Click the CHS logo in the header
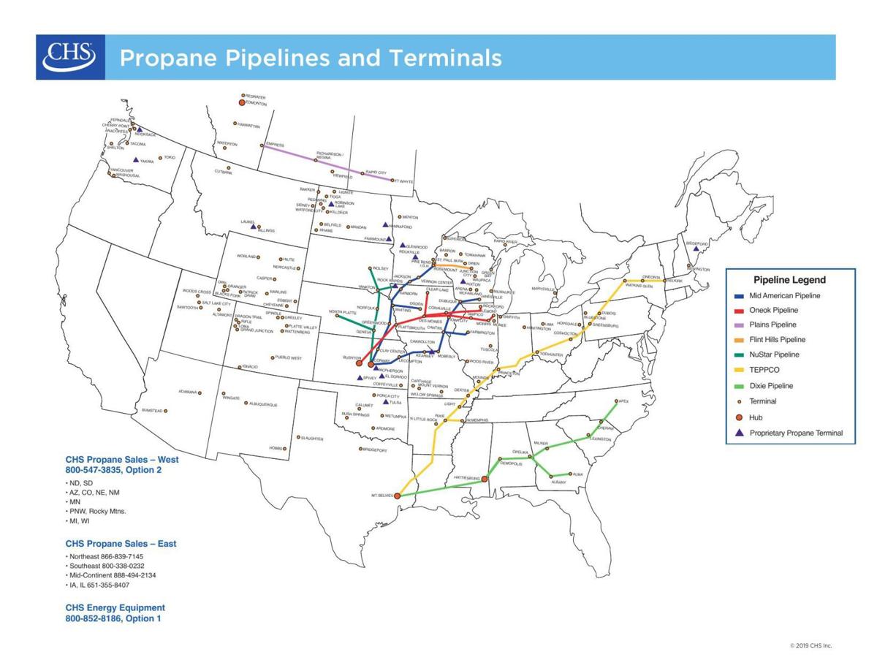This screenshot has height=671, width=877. tap(70, 57)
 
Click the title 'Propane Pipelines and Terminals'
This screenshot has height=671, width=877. tap(311, 58)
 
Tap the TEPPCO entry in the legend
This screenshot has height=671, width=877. tap(764, 371)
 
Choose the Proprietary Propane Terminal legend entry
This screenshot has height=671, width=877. tap(795, 433)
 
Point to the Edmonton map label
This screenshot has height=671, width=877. tap(256, 104)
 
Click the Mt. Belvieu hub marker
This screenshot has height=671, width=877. tap(398, 495)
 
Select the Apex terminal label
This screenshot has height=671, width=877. tap(623, 401)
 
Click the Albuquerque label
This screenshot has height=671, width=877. tap(263, 404)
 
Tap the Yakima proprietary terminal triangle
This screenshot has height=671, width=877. tap(135, 159)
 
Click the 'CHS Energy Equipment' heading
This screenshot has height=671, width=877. tap(115, 607)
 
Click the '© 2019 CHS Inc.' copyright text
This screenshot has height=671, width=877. tap(810, 645)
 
